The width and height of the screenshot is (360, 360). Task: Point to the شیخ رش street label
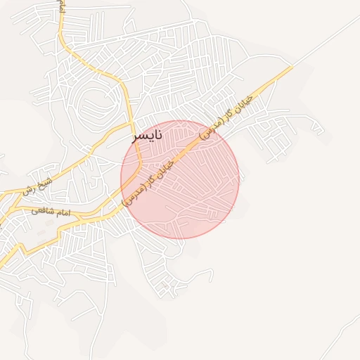(x=37, y=187)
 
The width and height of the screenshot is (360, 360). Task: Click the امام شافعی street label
(x=51, y=211)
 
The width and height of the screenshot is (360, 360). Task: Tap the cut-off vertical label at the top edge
(x=62, y=7)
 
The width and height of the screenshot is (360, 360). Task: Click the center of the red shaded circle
(x=180, y=179)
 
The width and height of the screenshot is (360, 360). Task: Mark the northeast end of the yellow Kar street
(x=292, y=67)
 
